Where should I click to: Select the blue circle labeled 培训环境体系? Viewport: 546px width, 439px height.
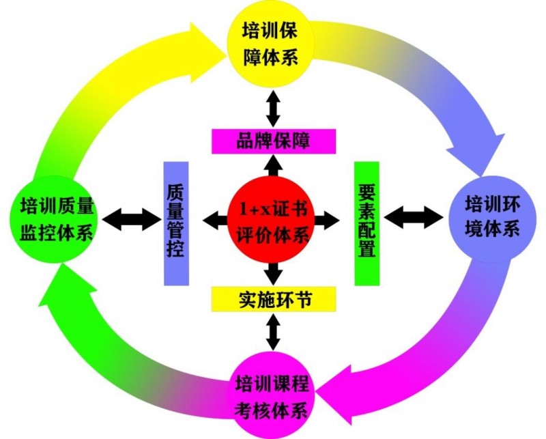pyautogui.click(x=491, y=215)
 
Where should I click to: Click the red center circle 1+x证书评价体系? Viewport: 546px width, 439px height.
pyautogui.click(x=273, y=218)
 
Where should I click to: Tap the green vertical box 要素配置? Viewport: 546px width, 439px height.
pyautogui.click(x=367, y=223)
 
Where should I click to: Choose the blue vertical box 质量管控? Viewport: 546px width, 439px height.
pyautogui.click(x=176, y=223)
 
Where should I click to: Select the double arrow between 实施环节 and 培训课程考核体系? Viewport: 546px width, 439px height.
pyautogui.click(x=273, y=332)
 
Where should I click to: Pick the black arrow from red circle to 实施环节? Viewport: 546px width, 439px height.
pyautogui.click(x=273, y=273)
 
